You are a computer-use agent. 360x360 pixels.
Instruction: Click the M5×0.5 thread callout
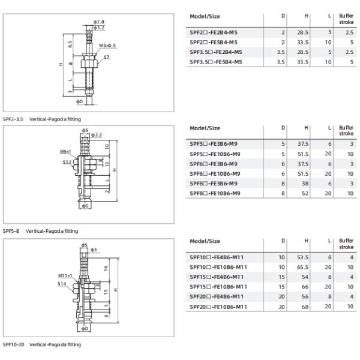tap(107, 46)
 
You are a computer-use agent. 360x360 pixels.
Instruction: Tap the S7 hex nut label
tap(107, 57)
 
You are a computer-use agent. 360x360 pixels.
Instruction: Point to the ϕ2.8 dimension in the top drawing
tap(99, 22)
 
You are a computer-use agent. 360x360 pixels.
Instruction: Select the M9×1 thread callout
tap(65, 152)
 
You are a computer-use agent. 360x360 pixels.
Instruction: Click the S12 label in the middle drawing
tap(67, 162)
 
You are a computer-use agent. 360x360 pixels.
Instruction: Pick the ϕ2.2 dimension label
tap(97, 135)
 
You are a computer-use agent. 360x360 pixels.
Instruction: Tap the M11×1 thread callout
tap(65, 275)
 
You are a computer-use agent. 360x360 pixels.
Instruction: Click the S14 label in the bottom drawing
tap(62, 284)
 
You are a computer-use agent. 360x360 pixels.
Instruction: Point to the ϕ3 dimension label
tap(94, 250)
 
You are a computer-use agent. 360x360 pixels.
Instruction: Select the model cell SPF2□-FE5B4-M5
tap(214, 43)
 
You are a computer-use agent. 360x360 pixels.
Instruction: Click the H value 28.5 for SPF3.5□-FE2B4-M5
tap(302, 52)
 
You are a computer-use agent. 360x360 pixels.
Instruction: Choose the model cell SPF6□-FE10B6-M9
tap(215, 174)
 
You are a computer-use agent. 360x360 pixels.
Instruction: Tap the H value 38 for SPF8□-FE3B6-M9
tap(305, 184)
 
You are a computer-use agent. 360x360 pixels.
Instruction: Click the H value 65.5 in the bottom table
tap(302, 267)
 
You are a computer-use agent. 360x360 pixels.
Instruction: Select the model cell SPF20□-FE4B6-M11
tap(217, 296)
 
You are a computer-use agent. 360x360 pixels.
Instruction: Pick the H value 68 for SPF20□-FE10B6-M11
tap(305, 307)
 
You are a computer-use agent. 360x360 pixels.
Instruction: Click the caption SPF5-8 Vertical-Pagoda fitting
tap(40, 231)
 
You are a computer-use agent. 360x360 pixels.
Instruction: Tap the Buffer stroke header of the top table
tap(346, 19)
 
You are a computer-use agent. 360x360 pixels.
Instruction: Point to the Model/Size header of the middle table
tap(205, 128)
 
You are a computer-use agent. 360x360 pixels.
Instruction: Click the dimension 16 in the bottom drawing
tap(106, 268)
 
